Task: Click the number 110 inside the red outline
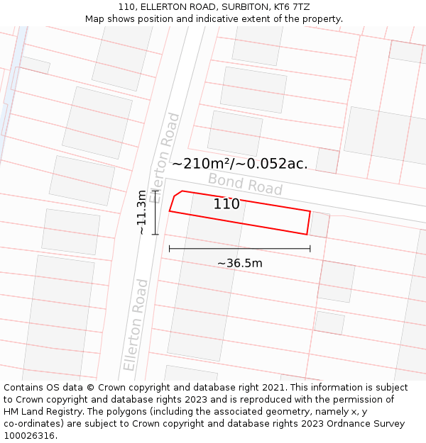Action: point(226,204)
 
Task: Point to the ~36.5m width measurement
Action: point(239,264)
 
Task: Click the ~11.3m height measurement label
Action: point(142,212)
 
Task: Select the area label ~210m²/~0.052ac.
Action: point(239,164)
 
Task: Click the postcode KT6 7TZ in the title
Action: point(291,7)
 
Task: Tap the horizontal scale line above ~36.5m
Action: point(239,249)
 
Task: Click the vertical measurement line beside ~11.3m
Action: point(155,212)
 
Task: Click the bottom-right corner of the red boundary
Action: point(307,235)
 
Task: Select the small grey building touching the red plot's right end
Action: point(319,225)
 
